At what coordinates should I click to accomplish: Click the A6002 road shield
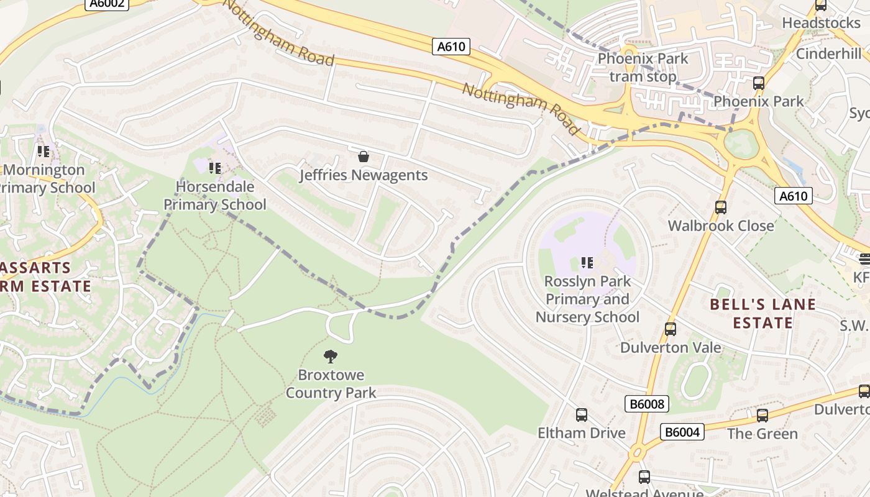coord(106,4)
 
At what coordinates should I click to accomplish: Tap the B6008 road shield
coord(647,404)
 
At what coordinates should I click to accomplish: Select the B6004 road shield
coord(682,432)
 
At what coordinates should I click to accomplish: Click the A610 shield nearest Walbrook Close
coord(794,196)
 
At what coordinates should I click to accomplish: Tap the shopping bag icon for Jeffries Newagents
coord(364,157)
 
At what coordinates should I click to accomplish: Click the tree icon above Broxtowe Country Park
coord(331,356)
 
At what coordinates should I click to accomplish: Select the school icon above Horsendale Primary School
coord(215,168)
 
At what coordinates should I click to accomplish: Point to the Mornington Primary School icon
coord(43,151)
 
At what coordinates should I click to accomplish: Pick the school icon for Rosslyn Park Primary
coord(587,263)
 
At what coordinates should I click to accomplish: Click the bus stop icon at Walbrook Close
coord(721,207)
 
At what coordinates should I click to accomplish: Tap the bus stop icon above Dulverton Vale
coord(670,329)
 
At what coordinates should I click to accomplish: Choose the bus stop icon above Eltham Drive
coord(582,414)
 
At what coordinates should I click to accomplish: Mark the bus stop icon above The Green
coord(762,415)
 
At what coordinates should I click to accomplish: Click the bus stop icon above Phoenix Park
coord(758,83)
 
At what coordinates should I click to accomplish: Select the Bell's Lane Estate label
coord(762,314)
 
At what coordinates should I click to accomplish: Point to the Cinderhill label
coord(828,53)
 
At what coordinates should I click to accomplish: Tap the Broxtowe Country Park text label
coord(331,384)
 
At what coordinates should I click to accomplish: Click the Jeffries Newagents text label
coord(364,175)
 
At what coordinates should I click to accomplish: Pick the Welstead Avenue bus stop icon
coord(644,477)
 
